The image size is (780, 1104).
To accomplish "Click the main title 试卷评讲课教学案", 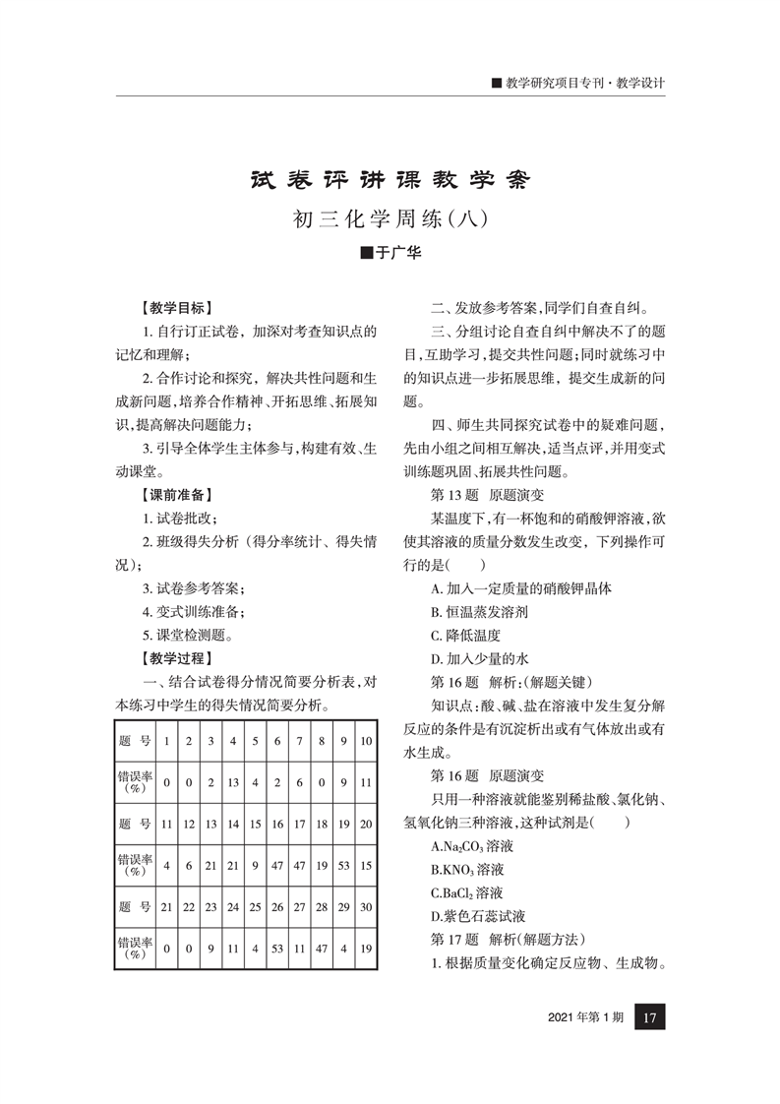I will click(390, 181).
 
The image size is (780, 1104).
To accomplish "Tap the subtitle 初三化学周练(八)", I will click(390, 218).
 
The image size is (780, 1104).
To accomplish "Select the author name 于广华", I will click(390, 254).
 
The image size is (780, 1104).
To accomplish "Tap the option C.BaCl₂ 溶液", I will click(467, 892).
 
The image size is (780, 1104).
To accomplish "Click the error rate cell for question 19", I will click(344, 866).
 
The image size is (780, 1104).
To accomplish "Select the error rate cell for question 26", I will click(276, 949).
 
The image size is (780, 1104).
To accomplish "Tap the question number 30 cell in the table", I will click(366, 906).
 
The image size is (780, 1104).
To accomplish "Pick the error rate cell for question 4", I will click(233, 782).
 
